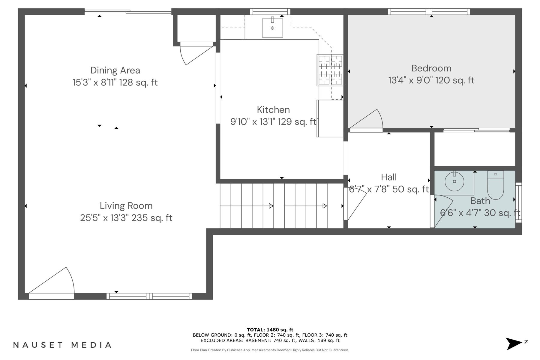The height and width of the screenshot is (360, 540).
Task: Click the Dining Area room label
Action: (115, 70)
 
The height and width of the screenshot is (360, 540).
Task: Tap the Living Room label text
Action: (126, 206)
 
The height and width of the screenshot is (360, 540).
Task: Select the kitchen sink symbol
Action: (272, 28)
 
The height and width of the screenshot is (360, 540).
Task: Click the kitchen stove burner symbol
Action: (330, 70)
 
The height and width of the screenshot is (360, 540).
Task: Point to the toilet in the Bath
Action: (495, 185)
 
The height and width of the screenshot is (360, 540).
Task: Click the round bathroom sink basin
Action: (454, 181)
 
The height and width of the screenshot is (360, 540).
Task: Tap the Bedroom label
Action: (431, 68)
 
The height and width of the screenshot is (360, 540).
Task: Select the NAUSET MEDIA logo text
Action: (62, 345)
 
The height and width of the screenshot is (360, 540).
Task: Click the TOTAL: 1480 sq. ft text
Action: (270, 330)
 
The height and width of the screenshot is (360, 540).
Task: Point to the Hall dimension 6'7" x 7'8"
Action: (388, 189)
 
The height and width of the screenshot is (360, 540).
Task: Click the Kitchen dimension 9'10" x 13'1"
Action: (273, 122)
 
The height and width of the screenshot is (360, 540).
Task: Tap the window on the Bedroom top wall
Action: (429, 12)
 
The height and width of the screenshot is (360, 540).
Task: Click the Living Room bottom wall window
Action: (149, 296)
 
